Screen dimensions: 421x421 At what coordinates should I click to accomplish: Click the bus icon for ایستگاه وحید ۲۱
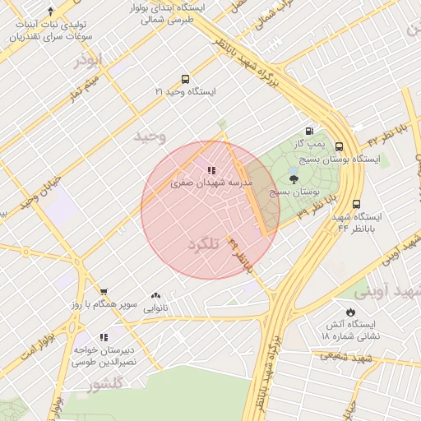coord(185,80)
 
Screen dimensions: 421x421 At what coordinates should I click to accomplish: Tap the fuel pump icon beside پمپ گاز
coord(309,131)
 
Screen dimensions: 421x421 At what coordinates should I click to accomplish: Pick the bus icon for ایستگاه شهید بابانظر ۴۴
coord(356,204)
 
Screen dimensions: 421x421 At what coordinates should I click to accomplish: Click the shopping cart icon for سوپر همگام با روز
coord(104,292)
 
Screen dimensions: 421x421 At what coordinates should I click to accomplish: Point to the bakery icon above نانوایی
coord(156,296)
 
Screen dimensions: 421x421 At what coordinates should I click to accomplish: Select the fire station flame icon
coord(351,312)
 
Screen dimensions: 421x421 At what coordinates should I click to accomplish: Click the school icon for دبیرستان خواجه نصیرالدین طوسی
coord(104,336)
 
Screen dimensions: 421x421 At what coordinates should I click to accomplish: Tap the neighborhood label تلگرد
coord(206,245)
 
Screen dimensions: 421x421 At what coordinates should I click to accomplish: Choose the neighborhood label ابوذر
coord(90,60)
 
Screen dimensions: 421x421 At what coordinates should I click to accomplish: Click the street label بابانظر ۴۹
coord(240,254)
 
